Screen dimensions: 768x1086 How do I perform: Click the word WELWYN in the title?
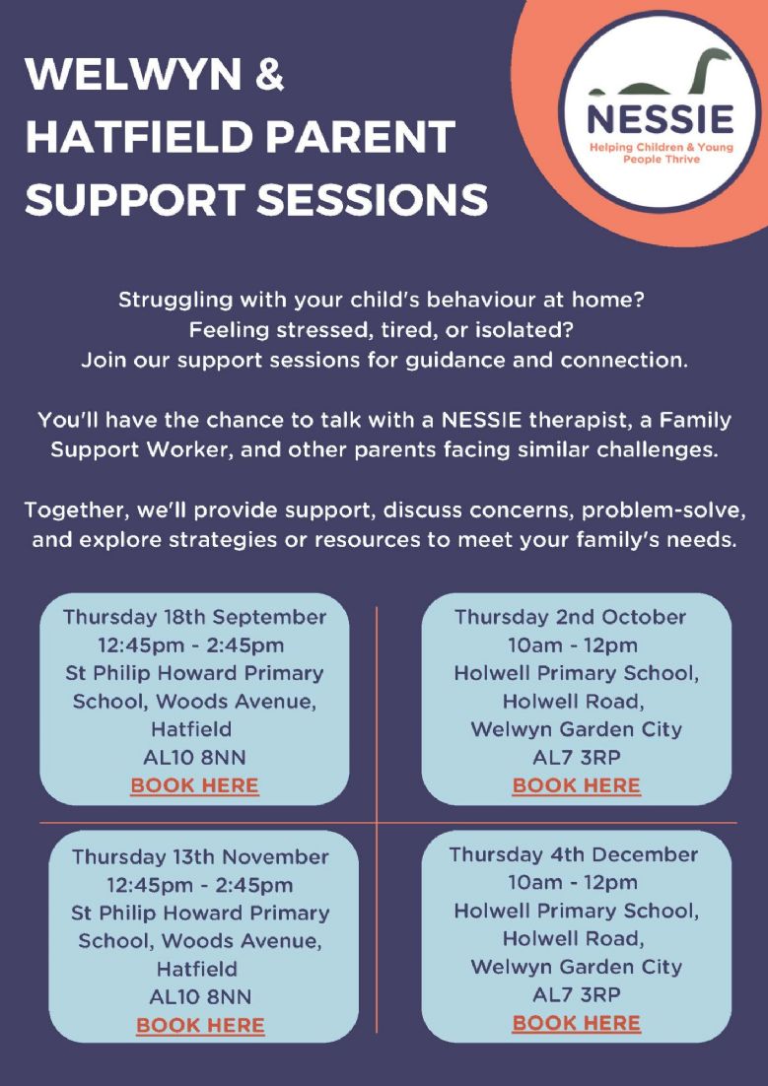click(x=134, y=75)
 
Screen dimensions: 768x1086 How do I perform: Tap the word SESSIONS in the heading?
click(x=373, y=199)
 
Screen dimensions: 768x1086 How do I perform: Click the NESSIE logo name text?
click(x=660, y=119)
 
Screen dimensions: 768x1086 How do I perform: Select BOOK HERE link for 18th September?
click(x=194, y=786)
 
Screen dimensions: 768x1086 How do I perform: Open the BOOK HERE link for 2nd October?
click(x=576, y=786)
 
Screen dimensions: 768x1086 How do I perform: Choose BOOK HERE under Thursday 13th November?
click(x=200, y=1026)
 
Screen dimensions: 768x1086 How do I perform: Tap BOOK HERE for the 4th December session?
click(x=576, y=1023)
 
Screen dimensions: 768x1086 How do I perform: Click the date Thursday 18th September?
click(x=195, y=617)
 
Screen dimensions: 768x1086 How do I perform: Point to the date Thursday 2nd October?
click(x=571, y=617)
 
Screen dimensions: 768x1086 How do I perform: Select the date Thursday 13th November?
click(x=200, y=856)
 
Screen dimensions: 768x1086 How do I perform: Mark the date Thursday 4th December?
click(x=573, y=854)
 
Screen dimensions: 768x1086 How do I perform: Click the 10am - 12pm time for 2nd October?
click(x=573, y=645)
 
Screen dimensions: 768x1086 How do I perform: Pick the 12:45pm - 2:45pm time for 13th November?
click(x=199, y=885)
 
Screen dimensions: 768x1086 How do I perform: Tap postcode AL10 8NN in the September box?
click(x=194, y=758)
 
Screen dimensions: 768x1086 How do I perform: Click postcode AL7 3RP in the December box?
click(x=576, y=994)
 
